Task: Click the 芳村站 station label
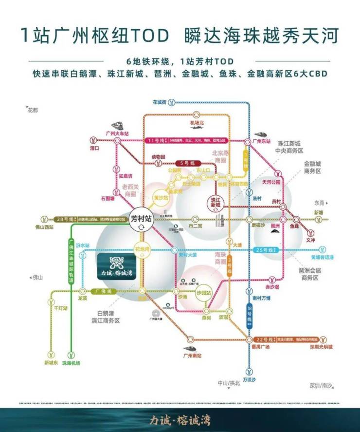point(142,218)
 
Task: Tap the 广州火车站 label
point(117,133)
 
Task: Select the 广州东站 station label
point(261,141)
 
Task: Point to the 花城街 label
point(159,102)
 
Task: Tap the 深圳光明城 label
point(321,347)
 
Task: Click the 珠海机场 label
point(71,363)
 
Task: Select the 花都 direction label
point(33,110)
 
